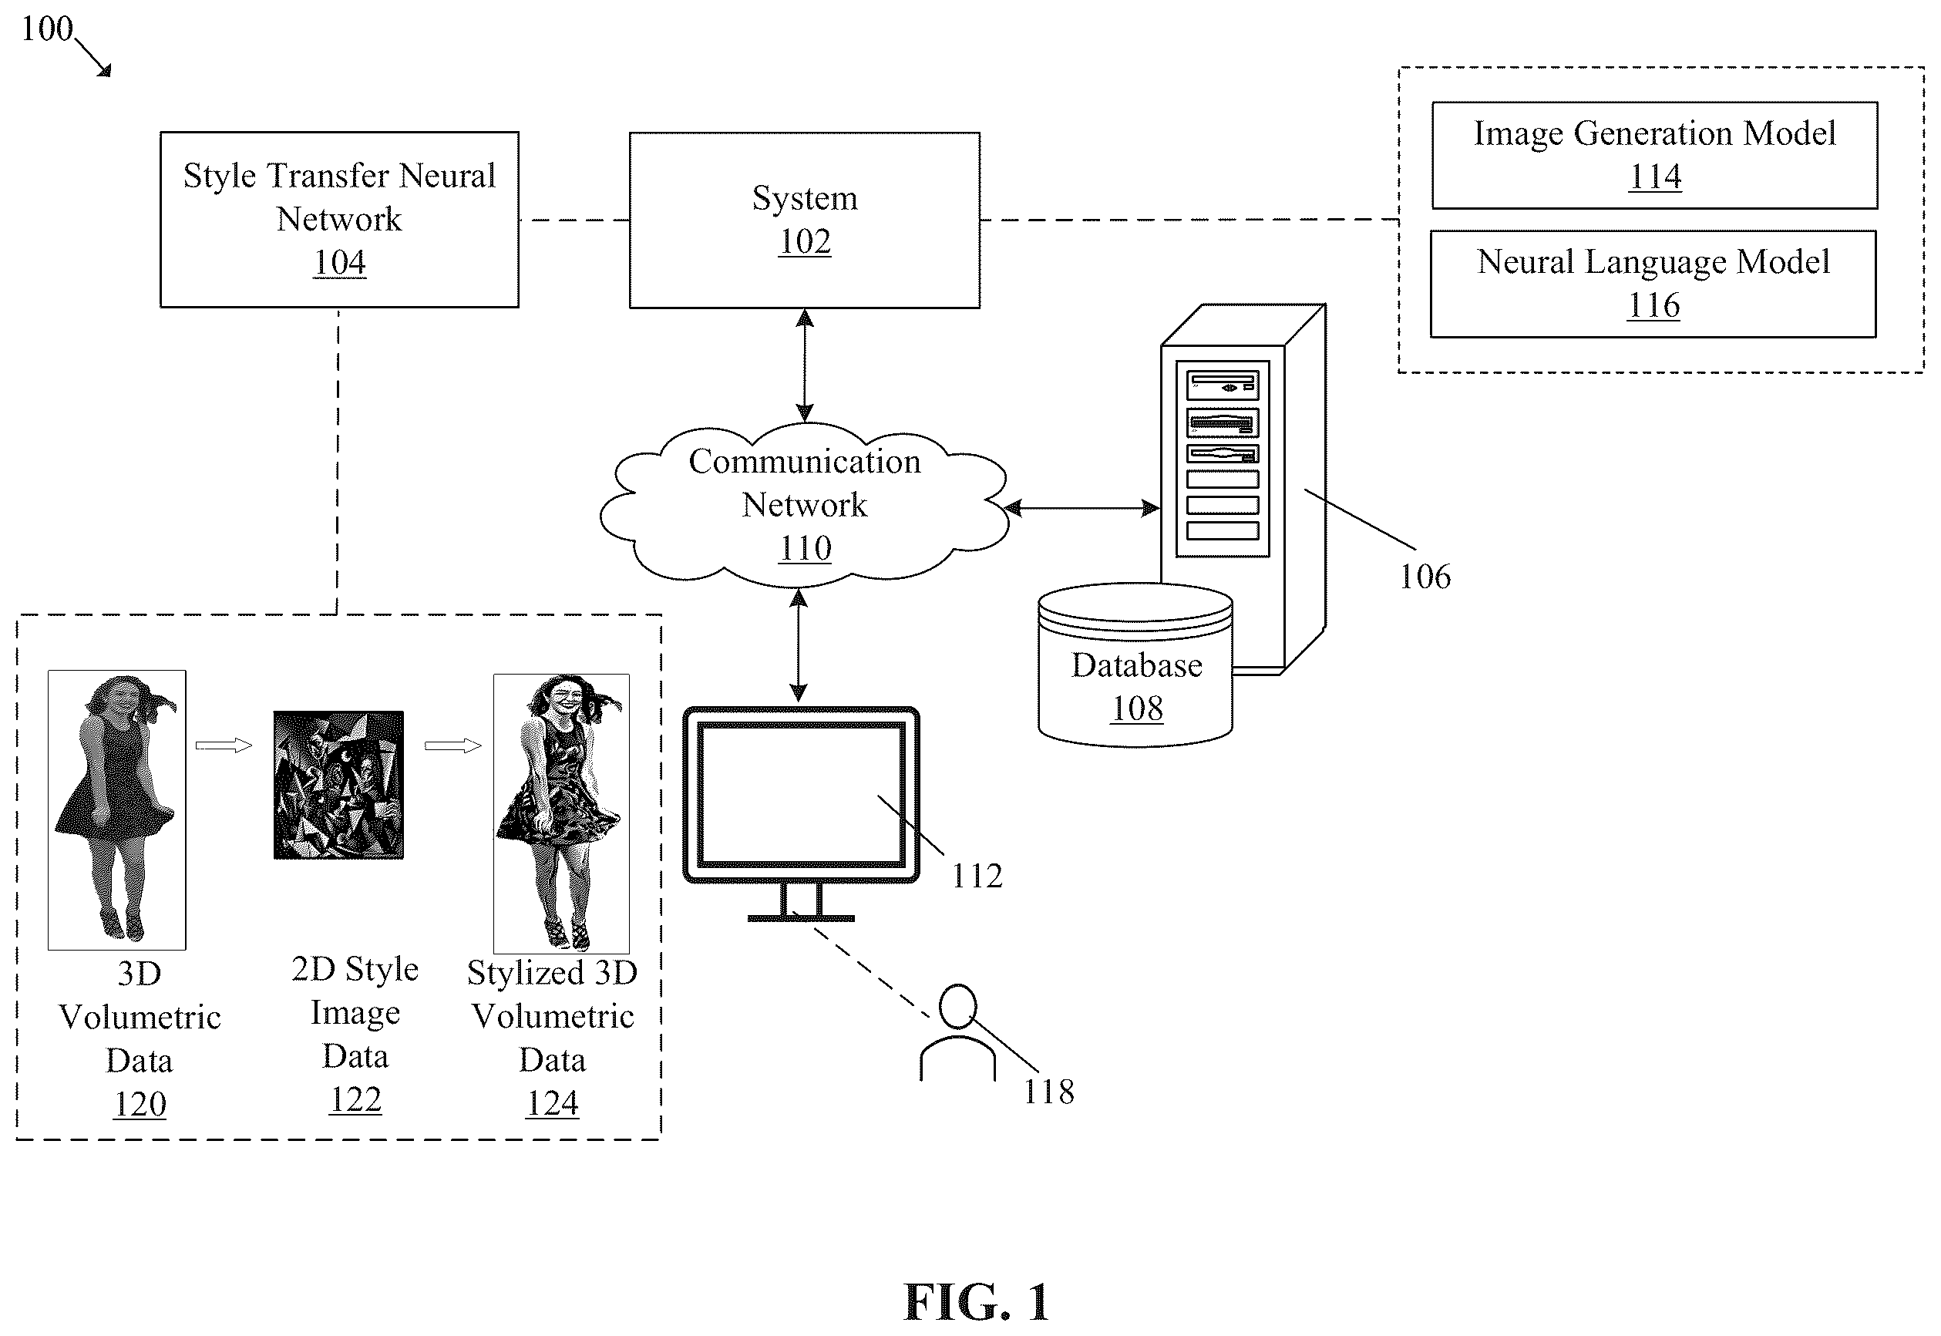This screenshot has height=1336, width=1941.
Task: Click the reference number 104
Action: click(339, 262)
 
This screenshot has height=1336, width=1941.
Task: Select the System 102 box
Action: click(804, 220)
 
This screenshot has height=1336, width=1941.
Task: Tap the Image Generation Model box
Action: click(1655, 155)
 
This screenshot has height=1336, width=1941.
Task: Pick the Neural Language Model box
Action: click(1653, 284)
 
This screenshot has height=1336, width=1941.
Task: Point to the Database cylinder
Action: click(1135, 665)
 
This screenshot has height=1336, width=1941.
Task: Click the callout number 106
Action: click(1425, 576)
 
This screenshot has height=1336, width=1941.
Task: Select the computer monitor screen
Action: click(801, 793)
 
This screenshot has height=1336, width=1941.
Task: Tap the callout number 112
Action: click(977, 876)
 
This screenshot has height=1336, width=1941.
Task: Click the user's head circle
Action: click(957, 1005)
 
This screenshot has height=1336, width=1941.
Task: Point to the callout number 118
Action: click(1049, 1091)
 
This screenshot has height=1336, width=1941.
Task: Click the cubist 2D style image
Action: click(338, 784)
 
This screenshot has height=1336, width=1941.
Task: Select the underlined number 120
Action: click(140, 1104)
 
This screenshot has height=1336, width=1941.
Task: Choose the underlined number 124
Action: click(553, 1102)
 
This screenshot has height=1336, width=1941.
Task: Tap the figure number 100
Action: click(47, 29)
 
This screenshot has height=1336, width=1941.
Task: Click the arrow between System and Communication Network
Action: click(804, 365)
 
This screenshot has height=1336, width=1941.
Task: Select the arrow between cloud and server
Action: click(1082, 507)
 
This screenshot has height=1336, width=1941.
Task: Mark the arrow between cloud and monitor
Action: click(799, 644)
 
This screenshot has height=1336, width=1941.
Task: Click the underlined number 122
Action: click(355, 1099)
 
